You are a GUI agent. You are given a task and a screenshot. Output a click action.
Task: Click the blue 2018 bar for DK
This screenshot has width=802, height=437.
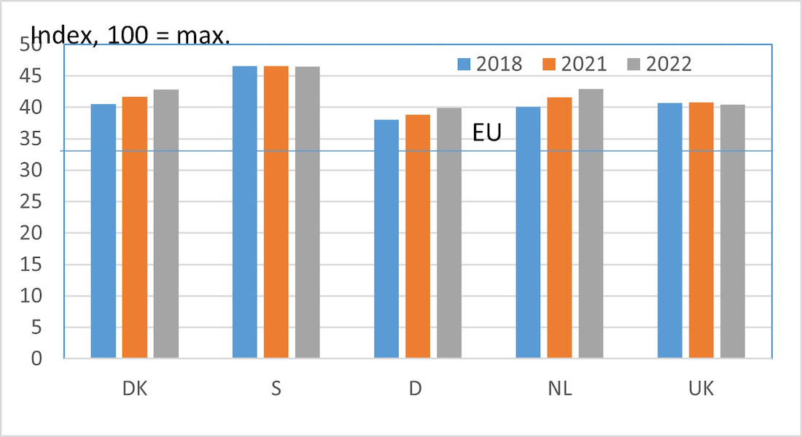click(x=104, y=231)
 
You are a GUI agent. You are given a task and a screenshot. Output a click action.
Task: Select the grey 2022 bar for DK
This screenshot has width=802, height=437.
click(x=166, y=224)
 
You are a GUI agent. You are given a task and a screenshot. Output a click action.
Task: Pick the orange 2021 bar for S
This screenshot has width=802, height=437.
click(x=276, y=212)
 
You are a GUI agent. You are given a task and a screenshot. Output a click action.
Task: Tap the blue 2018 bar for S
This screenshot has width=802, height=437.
click(x=245, y=212)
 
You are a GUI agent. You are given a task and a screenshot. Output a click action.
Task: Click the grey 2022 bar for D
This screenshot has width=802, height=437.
click(x=449, y=233)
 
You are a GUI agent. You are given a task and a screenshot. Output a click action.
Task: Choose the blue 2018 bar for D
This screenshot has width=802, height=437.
click(x=386, y=239)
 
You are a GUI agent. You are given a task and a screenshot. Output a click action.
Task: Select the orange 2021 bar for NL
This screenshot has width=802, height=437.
click(x=559, y=228)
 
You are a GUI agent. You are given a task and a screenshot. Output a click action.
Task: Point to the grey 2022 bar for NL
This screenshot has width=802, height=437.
click(x=591, y=224)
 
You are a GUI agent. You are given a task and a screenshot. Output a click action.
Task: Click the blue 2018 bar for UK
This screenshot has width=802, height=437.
click(x=670, y=230)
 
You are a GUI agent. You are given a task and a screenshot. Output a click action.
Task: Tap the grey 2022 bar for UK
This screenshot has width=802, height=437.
click(x=733, y=232)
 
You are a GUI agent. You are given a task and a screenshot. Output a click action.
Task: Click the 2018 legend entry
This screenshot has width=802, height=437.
click(x=490, y=64)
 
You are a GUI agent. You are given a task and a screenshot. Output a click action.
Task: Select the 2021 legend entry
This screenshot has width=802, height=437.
click(x=575, y=64)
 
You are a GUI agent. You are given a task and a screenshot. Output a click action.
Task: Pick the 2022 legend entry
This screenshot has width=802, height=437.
click(x=659, y=64)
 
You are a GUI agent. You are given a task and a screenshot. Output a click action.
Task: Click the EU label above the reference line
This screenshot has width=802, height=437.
click(x=487, y=133)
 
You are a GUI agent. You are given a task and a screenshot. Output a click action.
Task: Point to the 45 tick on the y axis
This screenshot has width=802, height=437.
click(x=31, y=76)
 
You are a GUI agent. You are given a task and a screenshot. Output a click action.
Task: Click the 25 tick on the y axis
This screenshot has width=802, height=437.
click(x=31, y=202)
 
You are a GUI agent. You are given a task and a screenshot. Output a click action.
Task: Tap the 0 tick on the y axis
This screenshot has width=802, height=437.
click(x=36, y=358)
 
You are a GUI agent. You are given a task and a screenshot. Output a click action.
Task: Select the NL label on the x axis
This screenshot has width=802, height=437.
click(x=560, y=388)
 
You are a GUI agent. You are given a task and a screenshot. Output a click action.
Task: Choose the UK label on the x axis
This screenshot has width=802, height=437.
click(x=701, y=388)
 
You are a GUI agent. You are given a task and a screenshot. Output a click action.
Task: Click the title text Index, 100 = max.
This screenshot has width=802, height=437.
click(x=131, y=35)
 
